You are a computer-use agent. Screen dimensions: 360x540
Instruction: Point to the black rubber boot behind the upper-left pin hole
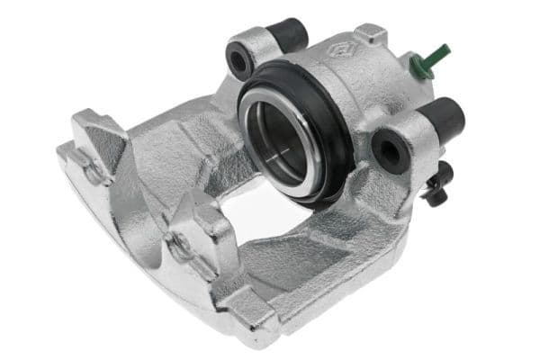(292, 33)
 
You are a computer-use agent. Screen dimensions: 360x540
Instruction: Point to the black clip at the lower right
(438, 184)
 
